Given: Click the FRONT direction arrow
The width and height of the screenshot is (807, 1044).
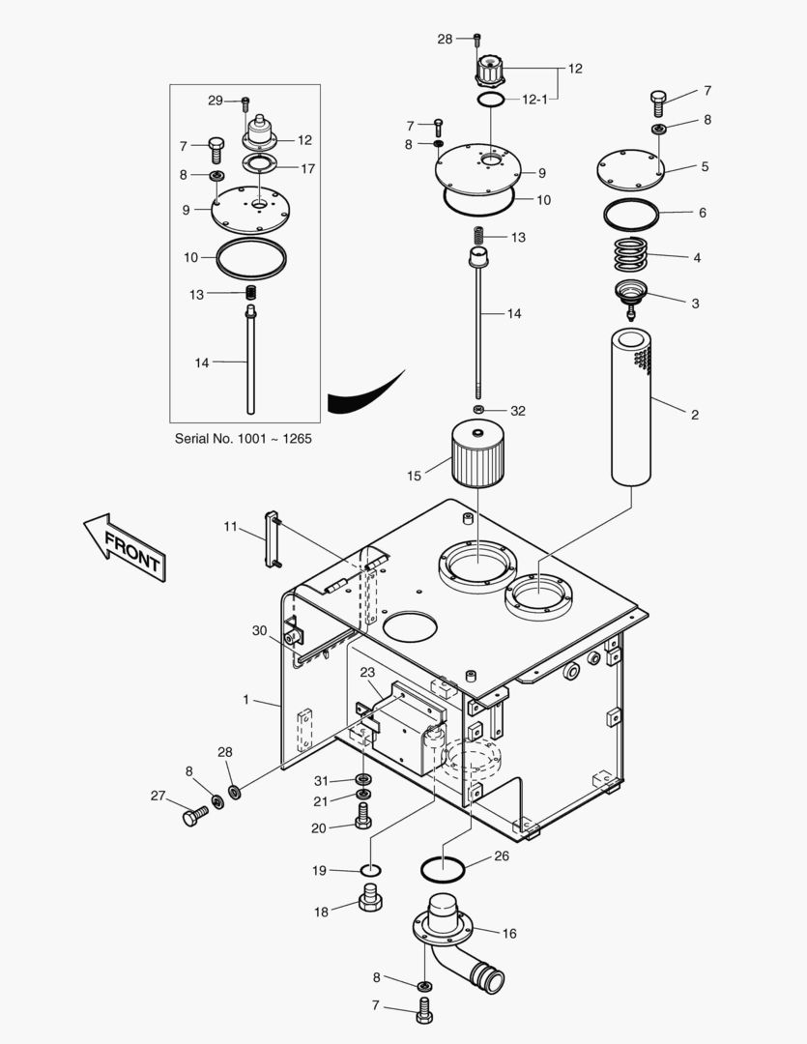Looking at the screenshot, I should (124, 547).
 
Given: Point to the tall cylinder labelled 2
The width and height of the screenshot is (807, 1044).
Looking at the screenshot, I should (634, 406).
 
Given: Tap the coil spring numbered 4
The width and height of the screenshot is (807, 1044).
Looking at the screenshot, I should (634, 257).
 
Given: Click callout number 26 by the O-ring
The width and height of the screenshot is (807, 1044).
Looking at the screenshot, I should (501, 855).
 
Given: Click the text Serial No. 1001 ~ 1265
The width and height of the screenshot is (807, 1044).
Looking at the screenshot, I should (243, 438).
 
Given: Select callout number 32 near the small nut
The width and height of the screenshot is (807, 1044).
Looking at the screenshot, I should (518, 411).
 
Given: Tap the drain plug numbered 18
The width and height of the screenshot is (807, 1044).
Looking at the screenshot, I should (370, 898).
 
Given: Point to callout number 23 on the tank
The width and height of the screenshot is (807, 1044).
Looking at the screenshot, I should (367, 673).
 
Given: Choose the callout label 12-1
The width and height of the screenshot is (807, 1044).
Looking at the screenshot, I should (535, 100).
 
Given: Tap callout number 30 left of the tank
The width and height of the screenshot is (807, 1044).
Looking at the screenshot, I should (259, 630).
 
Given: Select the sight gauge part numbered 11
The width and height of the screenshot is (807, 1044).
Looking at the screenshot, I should (273, 541).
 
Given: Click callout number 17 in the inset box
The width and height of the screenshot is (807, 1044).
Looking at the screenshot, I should (307, 168).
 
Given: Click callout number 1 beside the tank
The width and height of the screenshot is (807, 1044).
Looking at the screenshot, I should (246, 698).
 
